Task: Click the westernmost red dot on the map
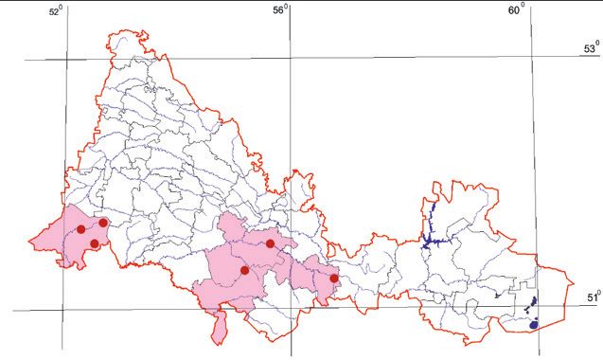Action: tap(81, 229)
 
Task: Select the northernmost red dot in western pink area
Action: tap(103, 223)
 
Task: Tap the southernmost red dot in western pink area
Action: tap(95, 243)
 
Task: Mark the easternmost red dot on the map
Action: tap(334, 279)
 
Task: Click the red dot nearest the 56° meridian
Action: tap(270, 243)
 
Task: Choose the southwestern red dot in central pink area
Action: tap(244, 270)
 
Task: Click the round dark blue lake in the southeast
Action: tap(534, 324)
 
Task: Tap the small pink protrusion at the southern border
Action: tap(220, 327)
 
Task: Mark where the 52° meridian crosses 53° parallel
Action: tap(67, 59)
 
